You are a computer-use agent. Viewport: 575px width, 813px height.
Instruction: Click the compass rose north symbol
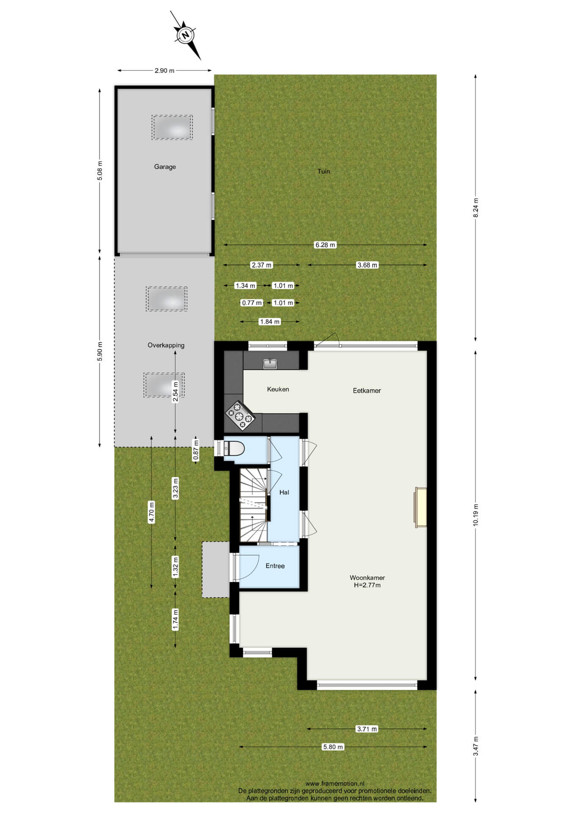point(185,36)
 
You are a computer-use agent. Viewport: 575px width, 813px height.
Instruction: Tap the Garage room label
point(165,167)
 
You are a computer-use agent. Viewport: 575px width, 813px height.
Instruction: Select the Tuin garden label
point(323,171)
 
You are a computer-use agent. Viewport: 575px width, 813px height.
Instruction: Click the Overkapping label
point(166,346)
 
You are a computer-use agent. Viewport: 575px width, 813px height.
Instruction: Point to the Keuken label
point(278,389)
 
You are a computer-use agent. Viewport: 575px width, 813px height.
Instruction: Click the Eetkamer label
point(367,390)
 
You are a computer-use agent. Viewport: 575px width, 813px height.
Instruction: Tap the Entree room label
point(275,566)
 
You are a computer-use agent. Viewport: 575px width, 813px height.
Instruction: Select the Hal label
point(284,492)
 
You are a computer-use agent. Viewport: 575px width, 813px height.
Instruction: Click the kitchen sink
point(270,363)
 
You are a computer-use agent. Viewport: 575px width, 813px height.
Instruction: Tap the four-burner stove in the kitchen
point(240,415)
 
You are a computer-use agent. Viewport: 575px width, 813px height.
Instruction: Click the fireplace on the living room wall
point(420,507)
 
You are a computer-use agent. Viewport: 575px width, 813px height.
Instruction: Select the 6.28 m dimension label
point(325,245)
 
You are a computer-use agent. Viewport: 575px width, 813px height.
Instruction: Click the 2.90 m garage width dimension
point(164,71)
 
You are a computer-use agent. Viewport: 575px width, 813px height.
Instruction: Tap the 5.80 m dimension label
point(333,747)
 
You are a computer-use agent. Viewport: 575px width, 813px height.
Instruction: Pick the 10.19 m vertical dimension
point(475,515)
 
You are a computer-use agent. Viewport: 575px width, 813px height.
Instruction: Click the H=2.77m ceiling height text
point(367,585)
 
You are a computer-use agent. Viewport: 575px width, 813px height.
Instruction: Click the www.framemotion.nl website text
point(334,784)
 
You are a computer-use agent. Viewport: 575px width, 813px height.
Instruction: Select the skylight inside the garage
point(172,127)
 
